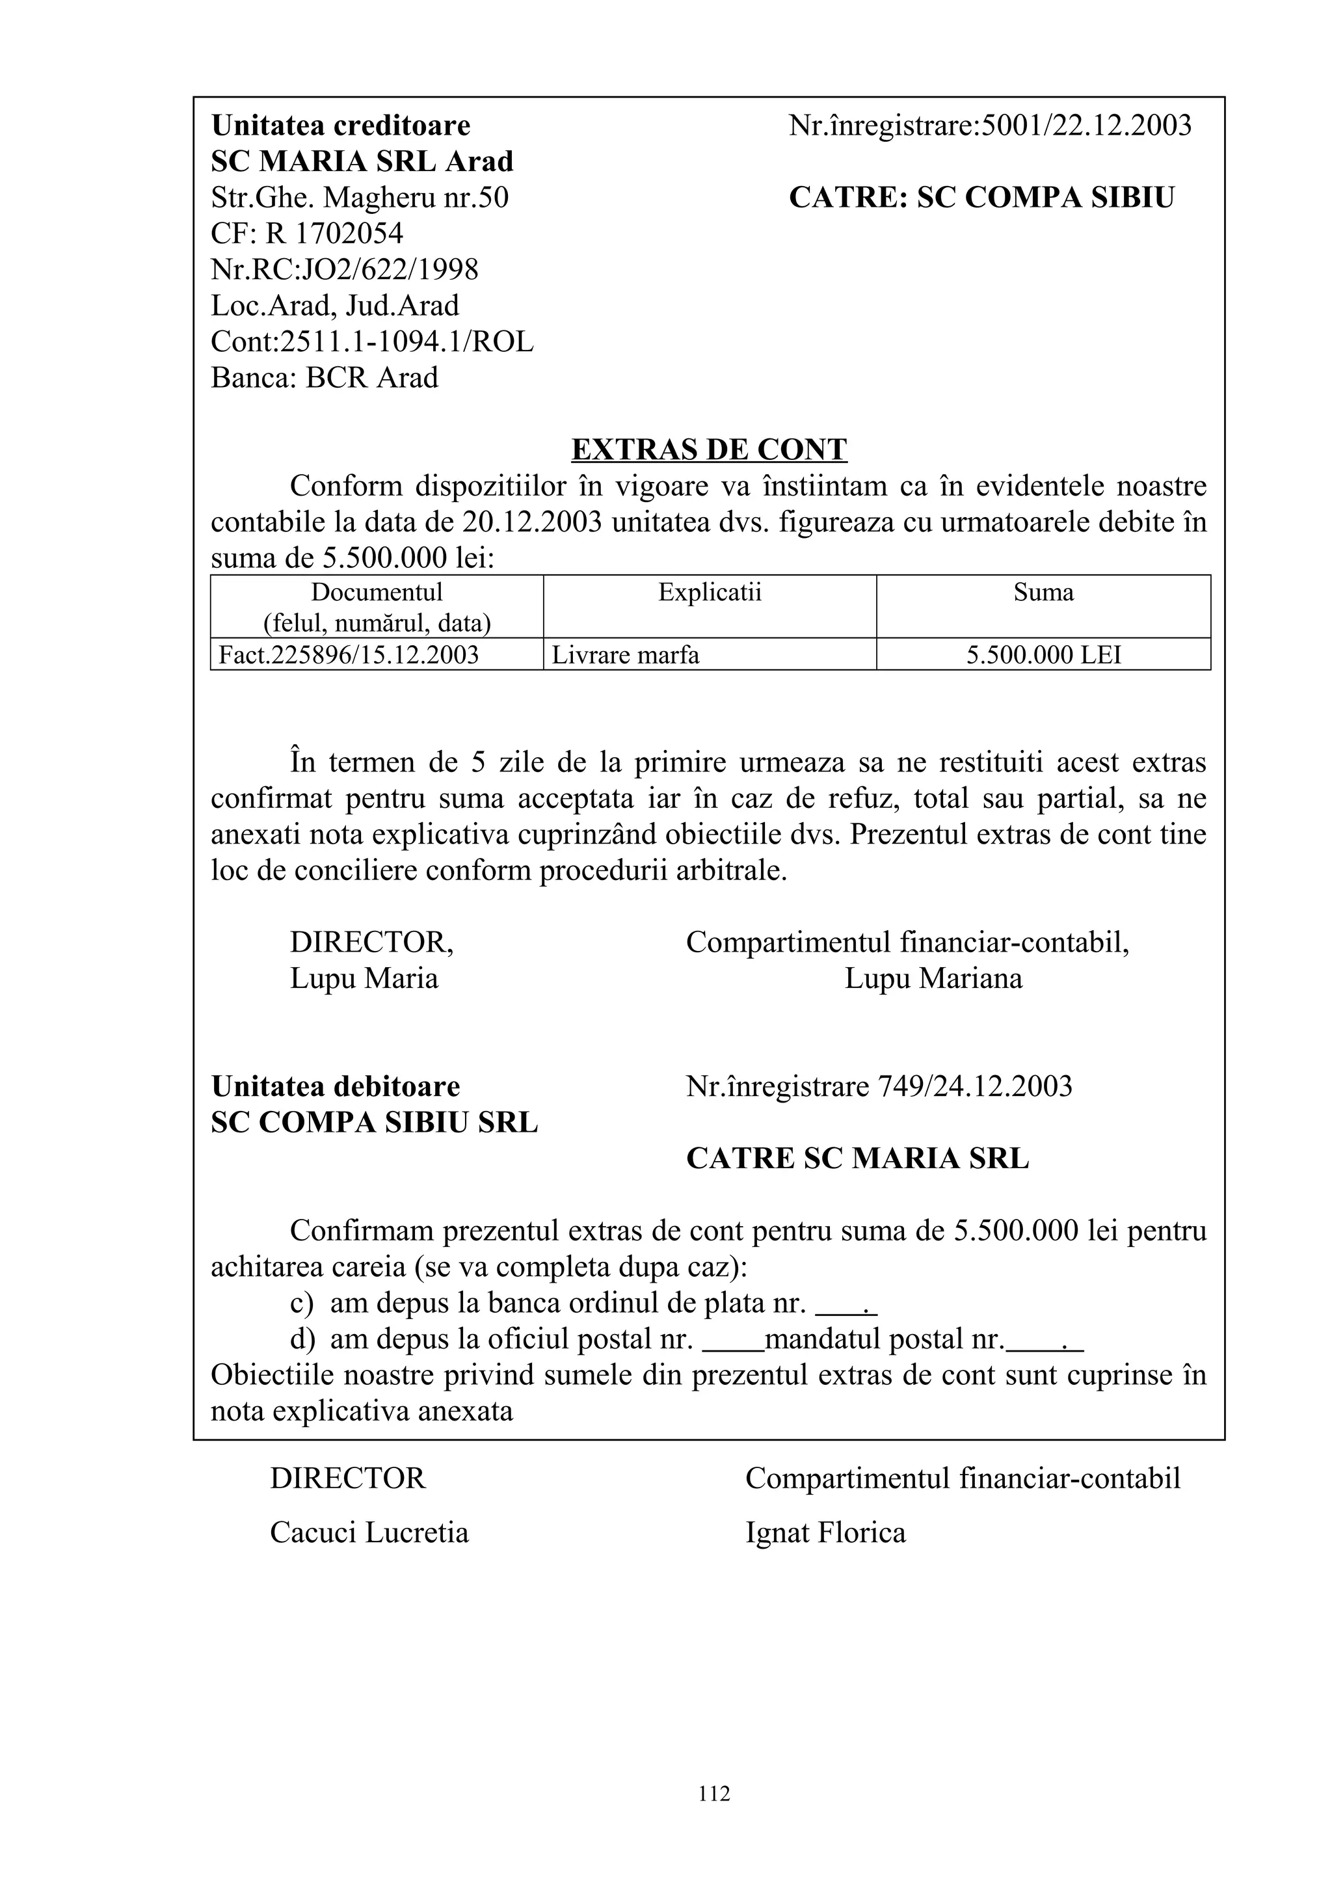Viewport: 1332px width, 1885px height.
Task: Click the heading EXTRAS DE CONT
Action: [708, 450]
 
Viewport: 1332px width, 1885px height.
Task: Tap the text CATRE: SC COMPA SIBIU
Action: [981, 198]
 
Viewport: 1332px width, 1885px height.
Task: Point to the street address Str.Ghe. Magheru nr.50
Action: [360, 198]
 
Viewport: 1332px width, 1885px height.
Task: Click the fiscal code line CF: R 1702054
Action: [307, 234]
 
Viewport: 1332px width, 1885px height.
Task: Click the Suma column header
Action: [1043, 593]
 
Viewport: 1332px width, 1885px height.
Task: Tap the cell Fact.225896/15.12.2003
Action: [349, 655]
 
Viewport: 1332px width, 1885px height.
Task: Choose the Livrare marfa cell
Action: [626, 655]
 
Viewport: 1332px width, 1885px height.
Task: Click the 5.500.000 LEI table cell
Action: [1043, 655]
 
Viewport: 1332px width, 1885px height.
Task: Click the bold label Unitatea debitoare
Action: [335, 1086]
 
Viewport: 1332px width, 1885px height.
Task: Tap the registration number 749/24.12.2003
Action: [974, 1086]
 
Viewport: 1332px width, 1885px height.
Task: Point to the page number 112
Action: [714, 1794]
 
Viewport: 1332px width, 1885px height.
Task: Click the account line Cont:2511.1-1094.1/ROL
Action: [372, 341]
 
